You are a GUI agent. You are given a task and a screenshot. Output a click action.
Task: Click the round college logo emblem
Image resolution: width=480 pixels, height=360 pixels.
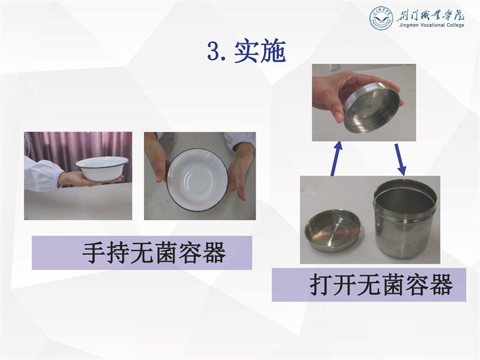[381, 19]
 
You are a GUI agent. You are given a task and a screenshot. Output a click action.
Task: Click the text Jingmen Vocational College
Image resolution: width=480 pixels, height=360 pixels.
[431, 25]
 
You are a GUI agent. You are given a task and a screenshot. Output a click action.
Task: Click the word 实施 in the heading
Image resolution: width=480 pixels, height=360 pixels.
[260, 51]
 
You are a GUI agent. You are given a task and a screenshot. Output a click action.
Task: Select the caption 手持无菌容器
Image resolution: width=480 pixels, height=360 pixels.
[154, 253]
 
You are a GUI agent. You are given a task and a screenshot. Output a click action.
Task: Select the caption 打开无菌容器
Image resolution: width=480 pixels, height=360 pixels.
[381, 285]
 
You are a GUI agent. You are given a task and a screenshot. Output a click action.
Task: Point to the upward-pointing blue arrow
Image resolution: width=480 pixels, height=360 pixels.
[336, 158]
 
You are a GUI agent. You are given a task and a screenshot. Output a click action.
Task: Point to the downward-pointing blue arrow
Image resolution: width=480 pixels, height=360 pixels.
[400, 160]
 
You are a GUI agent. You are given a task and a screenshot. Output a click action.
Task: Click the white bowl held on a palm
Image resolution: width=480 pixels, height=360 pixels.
[102, 168]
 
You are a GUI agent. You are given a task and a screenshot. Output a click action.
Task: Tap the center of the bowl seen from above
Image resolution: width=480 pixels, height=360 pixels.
[197, 180]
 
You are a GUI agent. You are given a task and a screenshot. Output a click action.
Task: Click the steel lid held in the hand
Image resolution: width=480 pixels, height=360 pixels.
[372, 108]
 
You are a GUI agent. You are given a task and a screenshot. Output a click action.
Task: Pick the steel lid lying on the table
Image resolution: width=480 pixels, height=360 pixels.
[333, 231]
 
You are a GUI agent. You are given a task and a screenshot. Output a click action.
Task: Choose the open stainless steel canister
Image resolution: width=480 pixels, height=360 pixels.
[404, 218]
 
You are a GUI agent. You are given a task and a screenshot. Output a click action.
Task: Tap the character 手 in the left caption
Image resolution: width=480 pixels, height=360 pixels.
[94, 253]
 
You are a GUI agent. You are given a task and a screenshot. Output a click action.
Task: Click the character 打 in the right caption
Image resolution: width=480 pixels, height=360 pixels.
[321, 285]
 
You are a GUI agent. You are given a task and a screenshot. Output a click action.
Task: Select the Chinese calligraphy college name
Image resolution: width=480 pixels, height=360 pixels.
[431, 14]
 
